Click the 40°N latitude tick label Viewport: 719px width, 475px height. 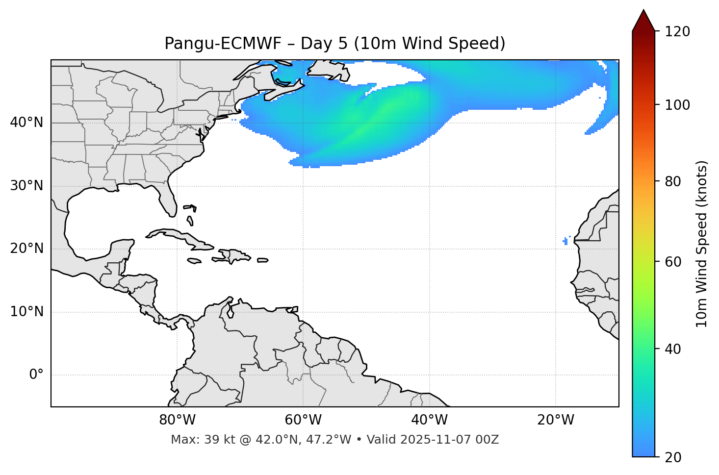click(x=26, y=123)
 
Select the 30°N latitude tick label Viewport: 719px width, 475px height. click(x=26, y=186)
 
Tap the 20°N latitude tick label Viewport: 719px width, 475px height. click(x=26, y=249)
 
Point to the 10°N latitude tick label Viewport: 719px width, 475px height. click(x=26, y=312)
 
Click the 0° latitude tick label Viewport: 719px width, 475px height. click(x=36, y=375)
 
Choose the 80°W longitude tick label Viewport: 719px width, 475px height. click(x=177, y=420)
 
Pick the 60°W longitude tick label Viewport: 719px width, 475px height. click(x=303, y=420)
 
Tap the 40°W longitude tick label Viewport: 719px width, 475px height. click(x=429, y=420)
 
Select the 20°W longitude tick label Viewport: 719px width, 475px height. click(x=556, y=420)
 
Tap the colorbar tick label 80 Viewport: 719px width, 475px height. click(x=675, y=181)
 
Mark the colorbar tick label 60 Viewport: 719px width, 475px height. click(x=675, y=262)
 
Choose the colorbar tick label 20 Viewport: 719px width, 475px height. click(x=675, y=457)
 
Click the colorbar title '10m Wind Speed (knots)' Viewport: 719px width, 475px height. click(x=702, y=244)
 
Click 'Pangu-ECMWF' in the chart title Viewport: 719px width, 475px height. click(x=223, y=44)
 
